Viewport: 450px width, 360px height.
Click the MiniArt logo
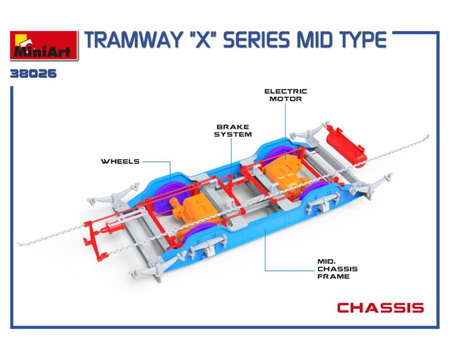(x=44, y=46)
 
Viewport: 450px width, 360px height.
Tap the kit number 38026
(x=33, y=74)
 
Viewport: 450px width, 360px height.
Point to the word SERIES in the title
(x=257, y=40)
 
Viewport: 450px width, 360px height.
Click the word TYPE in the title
(x=361, y=40)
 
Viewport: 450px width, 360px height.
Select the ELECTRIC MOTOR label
(x=286, y=95)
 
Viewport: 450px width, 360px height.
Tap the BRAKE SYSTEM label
(x=233, y=130)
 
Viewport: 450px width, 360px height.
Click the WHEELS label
(x=120, y=161)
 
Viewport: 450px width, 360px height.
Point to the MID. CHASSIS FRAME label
(x=337, y=269)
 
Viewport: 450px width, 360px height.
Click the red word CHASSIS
(x=380, y=308)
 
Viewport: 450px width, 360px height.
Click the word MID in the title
(x=313, y=40)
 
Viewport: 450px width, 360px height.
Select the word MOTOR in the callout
(x=286, y=99)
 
